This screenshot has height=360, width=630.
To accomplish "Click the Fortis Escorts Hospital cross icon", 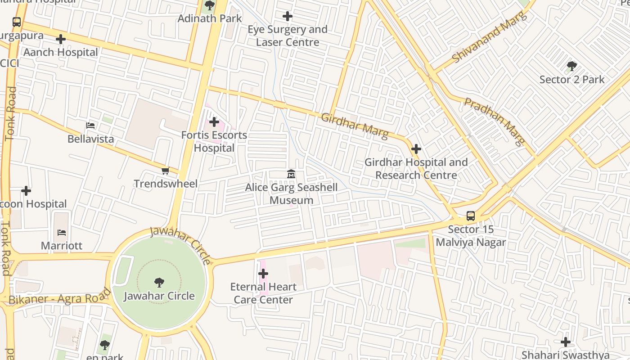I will [214, 122].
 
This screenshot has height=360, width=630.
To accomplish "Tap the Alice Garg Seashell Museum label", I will [291, 194].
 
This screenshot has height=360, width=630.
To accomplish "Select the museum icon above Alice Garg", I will [291, 174].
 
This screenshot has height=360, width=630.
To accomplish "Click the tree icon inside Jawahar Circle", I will [159, 283].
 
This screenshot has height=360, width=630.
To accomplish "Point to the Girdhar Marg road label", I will [355, 126].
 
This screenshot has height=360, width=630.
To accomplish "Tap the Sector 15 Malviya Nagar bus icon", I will [470, 216].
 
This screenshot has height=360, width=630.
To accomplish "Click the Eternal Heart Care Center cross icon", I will [263, 274].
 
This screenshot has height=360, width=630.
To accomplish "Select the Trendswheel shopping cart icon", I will [165, 171].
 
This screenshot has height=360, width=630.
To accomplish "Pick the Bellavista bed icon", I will [90, 126].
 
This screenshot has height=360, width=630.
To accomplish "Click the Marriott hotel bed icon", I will [62, 233].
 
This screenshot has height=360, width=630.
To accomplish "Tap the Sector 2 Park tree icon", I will [571, 67].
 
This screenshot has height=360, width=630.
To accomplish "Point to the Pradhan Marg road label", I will [495, 121].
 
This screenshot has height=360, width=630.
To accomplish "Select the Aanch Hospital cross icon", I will [61, 39].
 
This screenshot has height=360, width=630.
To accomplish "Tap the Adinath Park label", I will [210, 18].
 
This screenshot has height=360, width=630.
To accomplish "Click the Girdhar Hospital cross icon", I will [416, 149].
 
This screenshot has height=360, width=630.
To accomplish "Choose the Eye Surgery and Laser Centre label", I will [288, 36].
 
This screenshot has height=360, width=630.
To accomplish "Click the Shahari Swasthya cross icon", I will [566, 342].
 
